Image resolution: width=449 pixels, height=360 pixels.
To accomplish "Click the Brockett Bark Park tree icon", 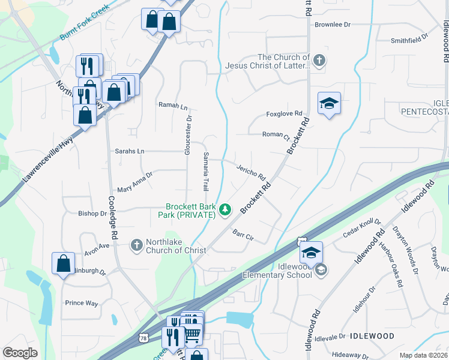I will [225, 209].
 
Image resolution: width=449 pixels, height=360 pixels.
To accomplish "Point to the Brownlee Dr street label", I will [332, 25].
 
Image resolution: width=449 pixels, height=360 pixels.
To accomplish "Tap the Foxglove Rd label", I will [284, 113].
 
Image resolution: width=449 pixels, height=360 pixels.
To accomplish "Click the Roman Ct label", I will [276, 135].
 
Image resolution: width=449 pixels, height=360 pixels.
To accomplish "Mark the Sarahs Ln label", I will [130, 151].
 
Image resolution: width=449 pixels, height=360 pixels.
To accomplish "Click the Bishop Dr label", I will [92, 213].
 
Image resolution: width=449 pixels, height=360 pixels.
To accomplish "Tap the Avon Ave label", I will [97, 245].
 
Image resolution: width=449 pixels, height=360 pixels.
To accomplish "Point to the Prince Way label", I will [82, 303].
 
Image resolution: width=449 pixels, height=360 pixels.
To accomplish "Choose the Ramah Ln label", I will [173, 106].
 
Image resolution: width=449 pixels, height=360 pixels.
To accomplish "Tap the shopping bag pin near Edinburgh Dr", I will [64, 264].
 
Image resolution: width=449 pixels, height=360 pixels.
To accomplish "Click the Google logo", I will [20, 353].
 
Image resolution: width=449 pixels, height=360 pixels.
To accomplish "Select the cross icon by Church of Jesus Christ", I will [319, 60].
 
